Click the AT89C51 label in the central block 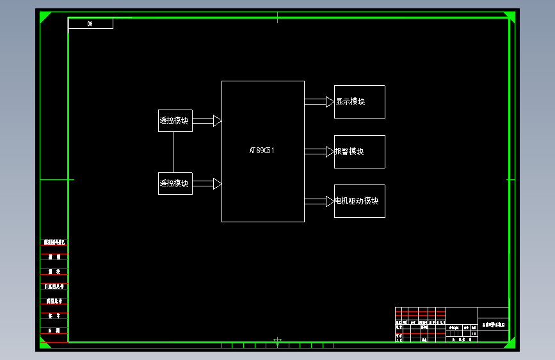(x=262, y=151)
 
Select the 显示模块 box (x=359, y=102)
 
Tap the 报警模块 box (x=359, y=152)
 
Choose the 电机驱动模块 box (x=359, y=201)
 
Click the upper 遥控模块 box (x=175, y=120)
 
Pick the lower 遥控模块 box (x=175, y=183)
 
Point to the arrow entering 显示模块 (x=319, y=102)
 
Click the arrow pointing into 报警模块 (x=319, y=152)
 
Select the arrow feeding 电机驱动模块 (x=319, y=201)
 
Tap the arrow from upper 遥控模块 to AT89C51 (x=207, y=120)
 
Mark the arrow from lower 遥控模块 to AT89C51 (x=207, y=184)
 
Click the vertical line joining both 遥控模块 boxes (x=173, y=152)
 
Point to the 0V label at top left (x=90, y=24)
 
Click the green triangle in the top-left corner (x=44, y=16)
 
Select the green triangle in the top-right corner (x=511, y=16)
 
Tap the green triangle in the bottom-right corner (x=511, y=345)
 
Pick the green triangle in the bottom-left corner (x=44, y=345)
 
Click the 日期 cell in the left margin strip (x=54, y=331)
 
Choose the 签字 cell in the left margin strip (x=54, y=316)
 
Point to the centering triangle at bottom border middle (x=277, y=341)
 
